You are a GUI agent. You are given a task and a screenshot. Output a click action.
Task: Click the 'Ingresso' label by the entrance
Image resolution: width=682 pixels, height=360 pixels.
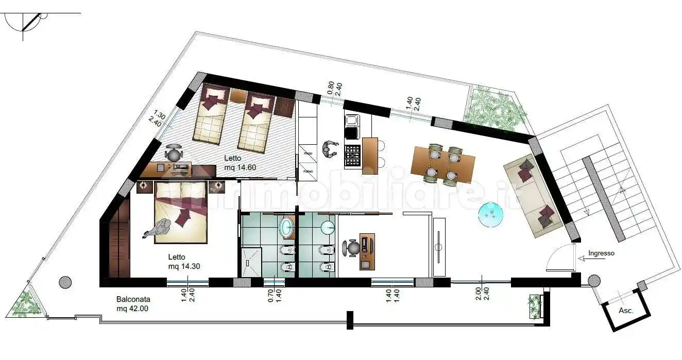[601, 253]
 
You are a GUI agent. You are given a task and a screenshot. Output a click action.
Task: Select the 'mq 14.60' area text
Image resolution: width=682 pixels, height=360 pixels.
[240, 167]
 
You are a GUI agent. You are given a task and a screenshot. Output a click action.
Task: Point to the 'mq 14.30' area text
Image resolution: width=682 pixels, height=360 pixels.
[184, 266]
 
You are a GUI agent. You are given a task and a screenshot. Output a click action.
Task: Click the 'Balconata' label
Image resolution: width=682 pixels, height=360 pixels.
[133, 299]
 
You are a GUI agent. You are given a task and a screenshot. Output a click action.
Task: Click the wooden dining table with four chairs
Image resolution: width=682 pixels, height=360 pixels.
[443, 164]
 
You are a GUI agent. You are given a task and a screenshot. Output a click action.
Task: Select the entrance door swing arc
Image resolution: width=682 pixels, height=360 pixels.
[559, 258]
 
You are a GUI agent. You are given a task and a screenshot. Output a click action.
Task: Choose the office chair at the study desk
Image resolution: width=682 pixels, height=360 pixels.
[353, 248]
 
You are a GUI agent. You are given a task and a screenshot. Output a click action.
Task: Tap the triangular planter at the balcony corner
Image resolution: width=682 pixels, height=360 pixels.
[25, 304]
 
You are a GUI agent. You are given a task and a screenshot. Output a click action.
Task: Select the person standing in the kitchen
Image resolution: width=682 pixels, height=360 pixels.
[328, 149]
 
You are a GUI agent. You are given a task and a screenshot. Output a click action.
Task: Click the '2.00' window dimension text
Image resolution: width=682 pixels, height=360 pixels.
[479, 294]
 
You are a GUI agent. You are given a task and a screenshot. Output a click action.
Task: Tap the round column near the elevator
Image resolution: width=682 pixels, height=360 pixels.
[594, 281]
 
